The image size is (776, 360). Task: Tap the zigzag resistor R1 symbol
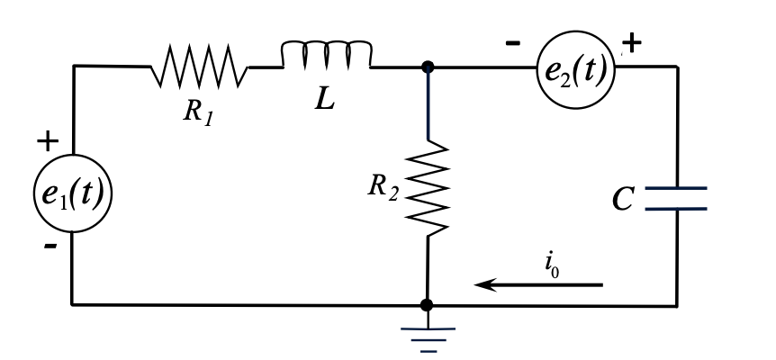click(x=198, y=67)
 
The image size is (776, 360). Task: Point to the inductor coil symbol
click(x=326, y=56)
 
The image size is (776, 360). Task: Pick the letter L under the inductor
click(x=323, y=100)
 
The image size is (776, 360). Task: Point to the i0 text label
click(x=552, y=264)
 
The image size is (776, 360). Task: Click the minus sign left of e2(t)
click(x=513, y=42)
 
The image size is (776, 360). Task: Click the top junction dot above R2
click(x=428, y=67)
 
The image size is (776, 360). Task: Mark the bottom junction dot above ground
click(x=428, y=305)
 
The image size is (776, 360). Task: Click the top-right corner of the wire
click(x=676, y=67)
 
